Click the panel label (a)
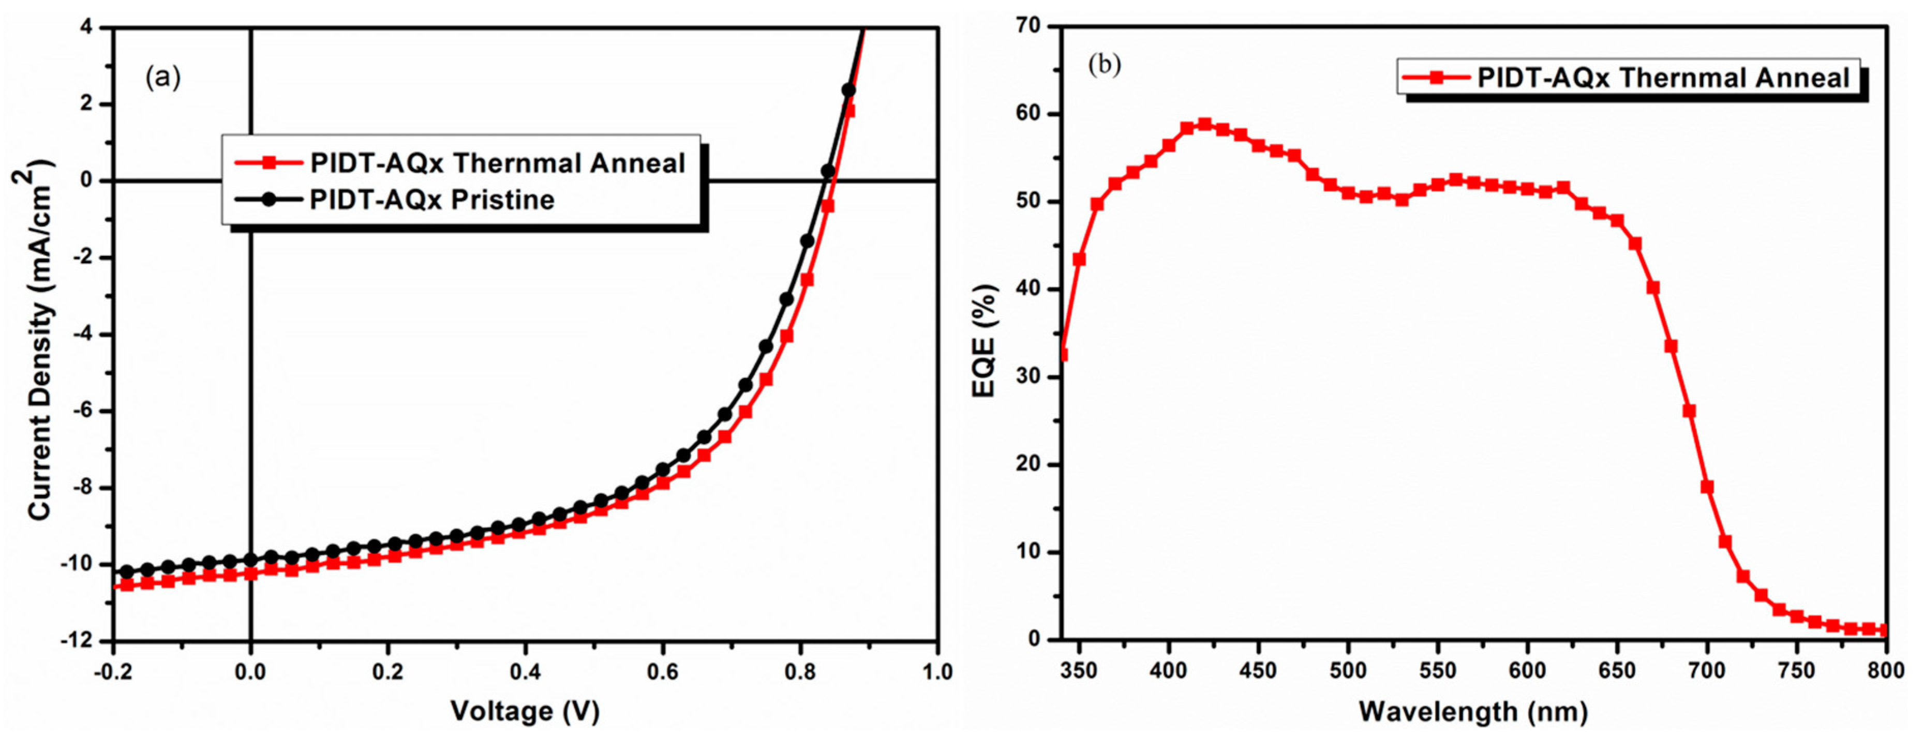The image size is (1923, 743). coord(163,77)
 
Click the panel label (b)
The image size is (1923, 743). coord(1104,65)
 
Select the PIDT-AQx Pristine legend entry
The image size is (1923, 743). coord(431,200)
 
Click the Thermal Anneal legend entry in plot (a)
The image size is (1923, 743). coord(497,163)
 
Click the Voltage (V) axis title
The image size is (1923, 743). coord(525,711)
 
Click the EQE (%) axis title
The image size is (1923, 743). coord(985,341)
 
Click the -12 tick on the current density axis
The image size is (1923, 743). coord(83,641)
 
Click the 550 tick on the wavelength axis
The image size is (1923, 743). coord(1438,671)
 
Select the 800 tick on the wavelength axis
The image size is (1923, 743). coord(1886,671)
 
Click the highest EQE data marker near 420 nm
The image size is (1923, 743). coord(1204,124)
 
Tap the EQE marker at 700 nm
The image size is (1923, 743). coord(1707,487)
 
